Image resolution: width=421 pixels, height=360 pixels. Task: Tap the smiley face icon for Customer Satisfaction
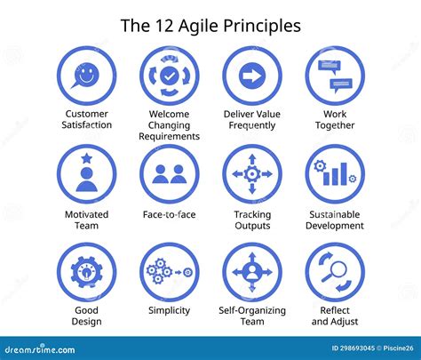tap(86, 76)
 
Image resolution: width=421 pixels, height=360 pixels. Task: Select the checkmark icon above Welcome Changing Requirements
tap(169, 76)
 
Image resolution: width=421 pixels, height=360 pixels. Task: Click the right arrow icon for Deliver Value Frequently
tap(252, 76)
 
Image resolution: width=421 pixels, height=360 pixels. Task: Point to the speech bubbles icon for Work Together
tap(335, 76)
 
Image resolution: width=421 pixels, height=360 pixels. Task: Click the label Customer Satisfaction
tap(86, 119)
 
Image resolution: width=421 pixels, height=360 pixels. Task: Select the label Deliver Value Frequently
tap(252, 119)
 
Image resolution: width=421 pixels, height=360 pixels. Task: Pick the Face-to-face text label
tap(169, 214)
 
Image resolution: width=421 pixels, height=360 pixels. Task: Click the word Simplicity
tap(169, 310)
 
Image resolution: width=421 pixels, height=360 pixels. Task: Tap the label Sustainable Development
tap(335, 220)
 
